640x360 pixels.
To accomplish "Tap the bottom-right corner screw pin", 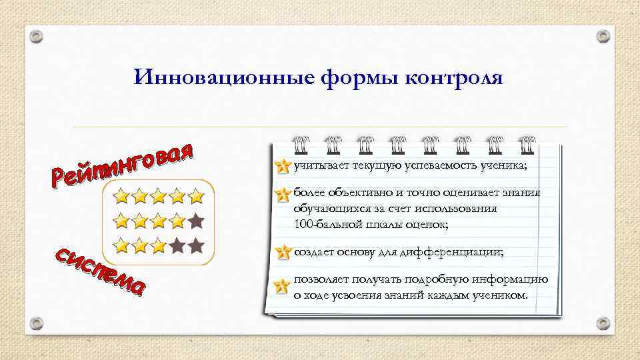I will [x=603, y=323].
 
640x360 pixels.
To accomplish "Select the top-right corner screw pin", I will [x=603, y=35].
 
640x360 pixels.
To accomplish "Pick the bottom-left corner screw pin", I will [x=37, y=323].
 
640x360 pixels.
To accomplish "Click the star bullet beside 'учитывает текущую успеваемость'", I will [x=283, y=166].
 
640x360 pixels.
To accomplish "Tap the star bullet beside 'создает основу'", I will [x=283, y=253].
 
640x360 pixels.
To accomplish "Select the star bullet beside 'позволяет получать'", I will [x=283, y=286].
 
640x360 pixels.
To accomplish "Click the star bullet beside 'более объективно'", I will [x=283, y=194].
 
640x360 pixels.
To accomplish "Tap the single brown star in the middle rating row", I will [x=195, y=219].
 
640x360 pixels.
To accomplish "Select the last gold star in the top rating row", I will [x=195, y=196].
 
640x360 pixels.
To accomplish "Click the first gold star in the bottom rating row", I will [x=121, y=245].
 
